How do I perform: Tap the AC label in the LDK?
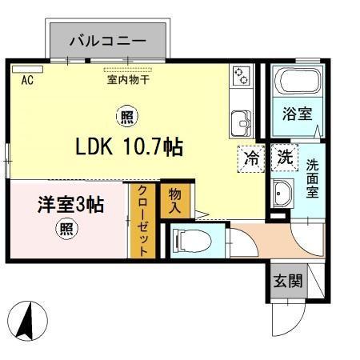click(26, 79)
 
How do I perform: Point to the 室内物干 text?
click(127, 78)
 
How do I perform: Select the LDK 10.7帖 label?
click(129, 147)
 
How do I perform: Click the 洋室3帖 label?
click(70, 204)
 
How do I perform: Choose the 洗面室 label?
click(312, 178)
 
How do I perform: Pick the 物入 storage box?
click(175, 200)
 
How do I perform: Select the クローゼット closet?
click(142, 220)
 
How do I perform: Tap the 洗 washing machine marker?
click(284, 157)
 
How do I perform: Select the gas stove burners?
click(242, 77)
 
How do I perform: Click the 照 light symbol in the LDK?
click(127, 118)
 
